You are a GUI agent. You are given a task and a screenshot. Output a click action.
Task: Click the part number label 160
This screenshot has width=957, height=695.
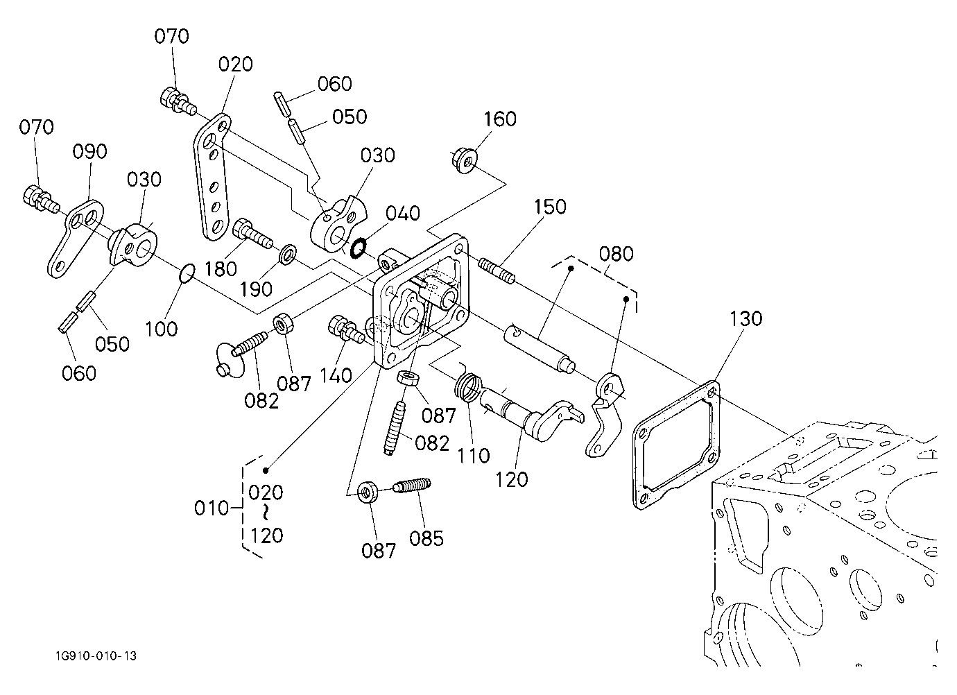(500, 119)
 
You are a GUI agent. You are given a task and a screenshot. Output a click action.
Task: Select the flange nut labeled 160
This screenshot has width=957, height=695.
(465, 160)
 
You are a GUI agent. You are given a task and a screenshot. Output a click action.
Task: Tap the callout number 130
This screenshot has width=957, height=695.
(745, 319)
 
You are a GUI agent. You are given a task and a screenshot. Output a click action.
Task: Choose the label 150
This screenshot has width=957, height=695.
(550, 207)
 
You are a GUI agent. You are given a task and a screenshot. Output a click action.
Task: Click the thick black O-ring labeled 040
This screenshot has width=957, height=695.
(357, 248)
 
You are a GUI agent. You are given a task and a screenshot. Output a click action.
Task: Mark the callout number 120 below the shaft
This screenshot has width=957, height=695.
(511, 479)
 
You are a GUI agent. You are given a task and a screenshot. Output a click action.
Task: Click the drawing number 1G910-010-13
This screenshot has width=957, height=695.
(96, 655)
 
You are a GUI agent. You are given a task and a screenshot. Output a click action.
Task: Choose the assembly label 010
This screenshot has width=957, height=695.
(212, 508)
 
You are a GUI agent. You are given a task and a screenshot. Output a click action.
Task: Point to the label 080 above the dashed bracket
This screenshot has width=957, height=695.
(616, 255)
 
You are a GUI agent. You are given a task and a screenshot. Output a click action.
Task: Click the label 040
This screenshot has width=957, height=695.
(403, 214)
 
